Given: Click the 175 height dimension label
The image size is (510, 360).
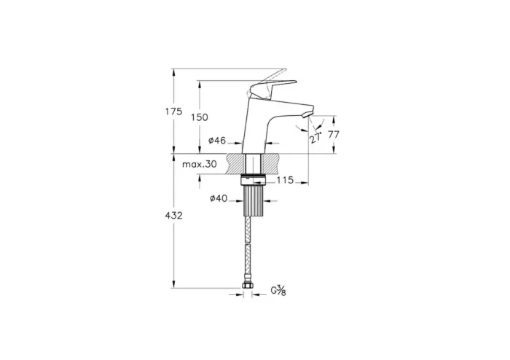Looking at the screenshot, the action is (173, 111).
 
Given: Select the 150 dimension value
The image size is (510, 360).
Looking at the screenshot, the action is (199, 117).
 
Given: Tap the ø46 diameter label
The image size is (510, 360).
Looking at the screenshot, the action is (217, 141).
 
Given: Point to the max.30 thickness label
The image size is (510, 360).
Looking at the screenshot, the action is (200, 164).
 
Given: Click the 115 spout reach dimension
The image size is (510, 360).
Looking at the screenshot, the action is (285, 180).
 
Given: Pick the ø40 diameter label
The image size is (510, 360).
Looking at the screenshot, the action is (219, 198).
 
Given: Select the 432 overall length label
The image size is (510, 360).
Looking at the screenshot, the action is (173, 215).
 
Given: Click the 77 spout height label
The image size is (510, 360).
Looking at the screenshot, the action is (334, 134).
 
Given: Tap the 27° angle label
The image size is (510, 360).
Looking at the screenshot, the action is (315, 138).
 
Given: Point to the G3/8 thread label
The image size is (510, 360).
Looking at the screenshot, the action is (278, 291).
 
